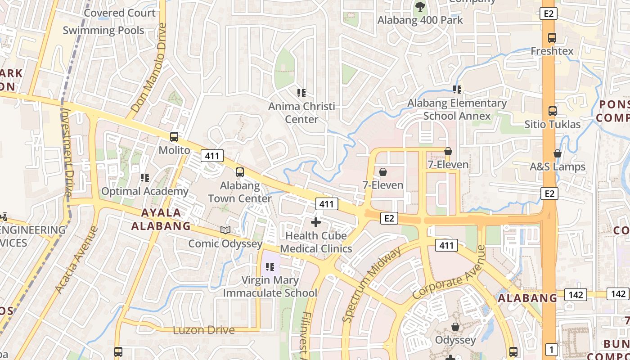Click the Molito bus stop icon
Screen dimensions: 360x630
point(174,137)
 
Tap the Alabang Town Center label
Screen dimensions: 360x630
point(239,192)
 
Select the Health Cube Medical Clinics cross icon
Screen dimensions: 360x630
point(316,222)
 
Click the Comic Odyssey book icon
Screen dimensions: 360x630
point(225,230)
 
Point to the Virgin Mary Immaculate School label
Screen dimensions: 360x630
point(270,287)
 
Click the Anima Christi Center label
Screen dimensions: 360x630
point(301,113)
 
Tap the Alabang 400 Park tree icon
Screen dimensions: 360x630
point(420,7)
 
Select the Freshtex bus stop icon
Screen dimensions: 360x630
point(552,38)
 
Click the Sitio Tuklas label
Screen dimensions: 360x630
point(552,124)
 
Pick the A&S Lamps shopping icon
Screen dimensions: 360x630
point(558,153)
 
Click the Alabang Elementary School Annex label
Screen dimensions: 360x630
point(457,109)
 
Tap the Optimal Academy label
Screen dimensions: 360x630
point(144,191)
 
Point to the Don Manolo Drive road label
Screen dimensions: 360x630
point(149,68)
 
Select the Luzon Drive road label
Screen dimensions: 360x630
point(204,330)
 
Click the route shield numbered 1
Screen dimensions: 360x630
point(551,349)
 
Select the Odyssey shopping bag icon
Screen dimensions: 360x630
point(455,327)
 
